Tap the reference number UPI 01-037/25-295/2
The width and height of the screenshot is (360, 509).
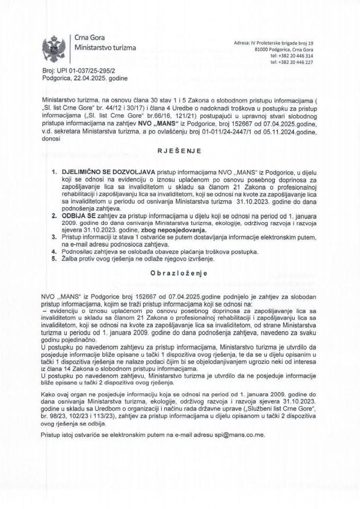coord(84,70)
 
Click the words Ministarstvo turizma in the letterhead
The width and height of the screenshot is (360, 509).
coord(106,48)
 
